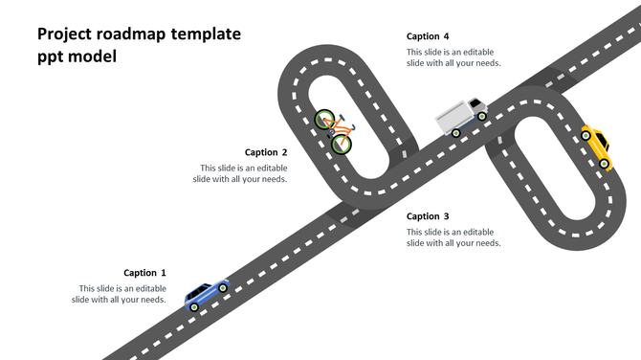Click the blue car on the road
pyautogui.click(x=208, y=294)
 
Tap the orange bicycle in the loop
pyautogui.click(x=334, y=131)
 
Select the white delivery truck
pyautogui.click(x=461, y=117)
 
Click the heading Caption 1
pyautogui.click(x=144, y=273)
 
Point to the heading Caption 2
pyautogui.click(x=266, y=152)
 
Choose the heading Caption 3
pyautogui.click(x=428, y=216)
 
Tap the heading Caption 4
pyautogui.click(x=428, y=36)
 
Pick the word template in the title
pyautogui.click(x=206, y=35)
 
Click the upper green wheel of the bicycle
pyautogui.click(x=324, y=120)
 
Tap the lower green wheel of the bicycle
pyautogui.click(x=342, y=145)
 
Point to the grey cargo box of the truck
pyautogui.click(x=452, y=118)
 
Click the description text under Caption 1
pyautogui.click(x=120, y=294)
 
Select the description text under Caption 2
pyautogui.click(x=240, y=173)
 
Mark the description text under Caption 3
pyautogui.click(x=453, y=237)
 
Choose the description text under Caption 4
pyautogui.click(x=453, y=57)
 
